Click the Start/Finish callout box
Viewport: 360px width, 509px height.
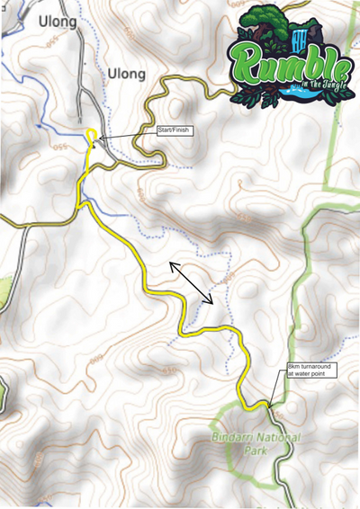pyautogui.click(x=175, y=133)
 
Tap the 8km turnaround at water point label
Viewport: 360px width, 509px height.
pyautogui.click(x=311, y=371)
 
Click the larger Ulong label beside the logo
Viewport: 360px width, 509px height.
pyautogui.click(x=126, y=73)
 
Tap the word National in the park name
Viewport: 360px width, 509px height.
pyautogui.click(x=283, y=436)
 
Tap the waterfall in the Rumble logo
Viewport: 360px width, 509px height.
pyautogui.click(x=301, y=38)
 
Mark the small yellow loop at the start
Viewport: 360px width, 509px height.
pyautogui.click(x=91, y=134)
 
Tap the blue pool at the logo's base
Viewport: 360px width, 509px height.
pyautogui.click(x=292, y=92)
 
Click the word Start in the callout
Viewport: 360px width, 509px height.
pyautogui.click(x=166, y=133)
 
